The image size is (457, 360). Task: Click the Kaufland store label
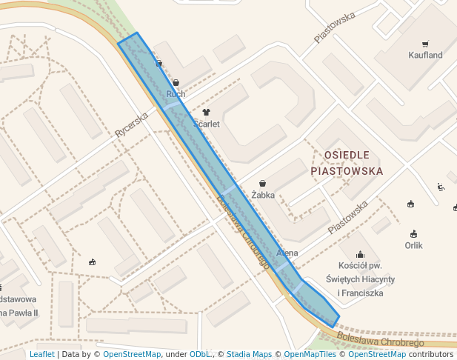coord(425,55)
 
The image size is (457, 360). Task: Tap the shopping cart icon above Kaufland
coord(425,44)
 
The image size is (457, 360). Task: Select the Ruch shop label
coord(176,94)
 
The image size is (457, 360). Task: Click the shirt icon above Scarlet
coord(206,113)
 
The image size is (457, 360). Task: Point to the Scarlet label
coord(206,124)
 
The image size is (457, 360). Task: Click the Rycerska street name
coord(132,124)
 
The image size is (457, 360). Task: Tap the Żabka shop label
coord(263,195)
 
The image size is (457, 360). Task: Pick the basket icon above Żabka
coord(263,183)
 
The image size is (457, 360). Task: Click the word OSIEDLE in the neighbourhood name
coord(347,154)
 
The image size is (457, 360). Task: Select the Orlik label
coord(413,245)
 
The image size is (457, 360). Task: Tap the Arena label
coord(287,253)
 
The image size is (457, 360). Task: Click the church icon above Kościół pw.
coord(360,255)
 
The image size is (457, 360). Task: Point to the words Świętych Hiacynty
coord(361,279)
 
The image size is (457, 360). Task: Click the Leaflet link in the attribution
coord(41,354)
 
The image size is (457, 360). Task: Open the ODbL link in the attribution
coord(202,354)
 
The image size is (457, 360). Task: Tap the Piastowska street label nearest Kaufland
coord(335,27)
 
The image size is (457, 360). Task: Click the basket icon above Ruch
coord(176,82)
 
